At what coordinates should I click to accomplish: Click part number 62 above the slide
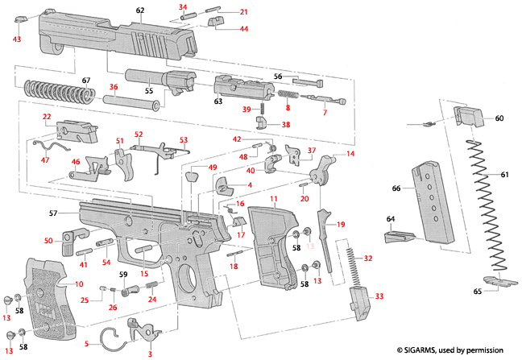(x=140, y=10)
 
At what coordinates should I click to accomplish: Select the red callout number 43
(x=17, y=39)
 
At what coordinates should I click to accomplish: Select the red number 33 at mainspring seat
(x=379, y=296)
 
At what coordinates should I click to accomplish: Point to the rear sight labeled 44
(x=218, y=25)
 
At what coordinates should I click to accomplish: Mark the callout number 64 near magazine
(x=391, y=218)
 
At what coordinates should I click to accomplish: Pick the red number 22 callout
(x=47, y=117)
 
